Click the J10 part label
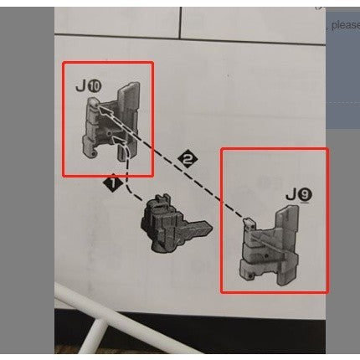tap(85, 85)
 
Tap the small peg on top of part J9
tap(249, 221)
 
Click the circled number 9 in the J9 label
tap(306, 195)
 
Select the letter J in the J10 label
tap(79, 85)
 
